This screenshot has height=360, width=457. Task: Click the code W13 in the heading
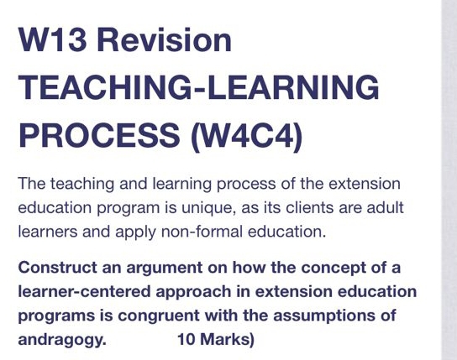pyautogui.click(x=57, y=39)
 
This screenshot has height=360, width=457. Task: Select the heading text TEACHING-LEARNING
pyautogui.click(x=198, y=87)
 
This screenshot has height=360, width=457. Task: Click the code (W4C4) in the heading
pyautogui.click(x=246, y=134)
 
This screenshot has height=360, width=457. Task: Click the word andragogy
pyautogui.click(x=61, y=340)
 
